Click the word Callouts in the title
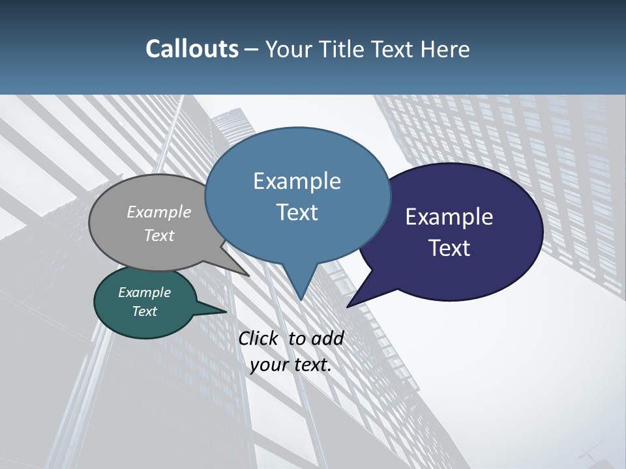point(192,49)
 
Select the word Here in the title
point(446,49)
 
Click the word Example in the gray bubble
point(159,212)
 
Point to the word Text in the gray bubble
point(159,235)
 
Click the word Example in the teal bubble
point(145,292)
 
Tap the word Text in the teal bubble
point(145,311)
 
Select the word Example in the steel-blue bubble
point(297,180)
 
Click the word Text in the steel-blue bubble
point(297,212)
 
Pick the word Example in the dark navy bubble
point(449,216)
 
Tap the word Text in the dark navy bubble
point(449,248)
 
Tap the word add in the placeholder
point(328,338)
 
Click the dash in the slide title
point(252,50)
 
